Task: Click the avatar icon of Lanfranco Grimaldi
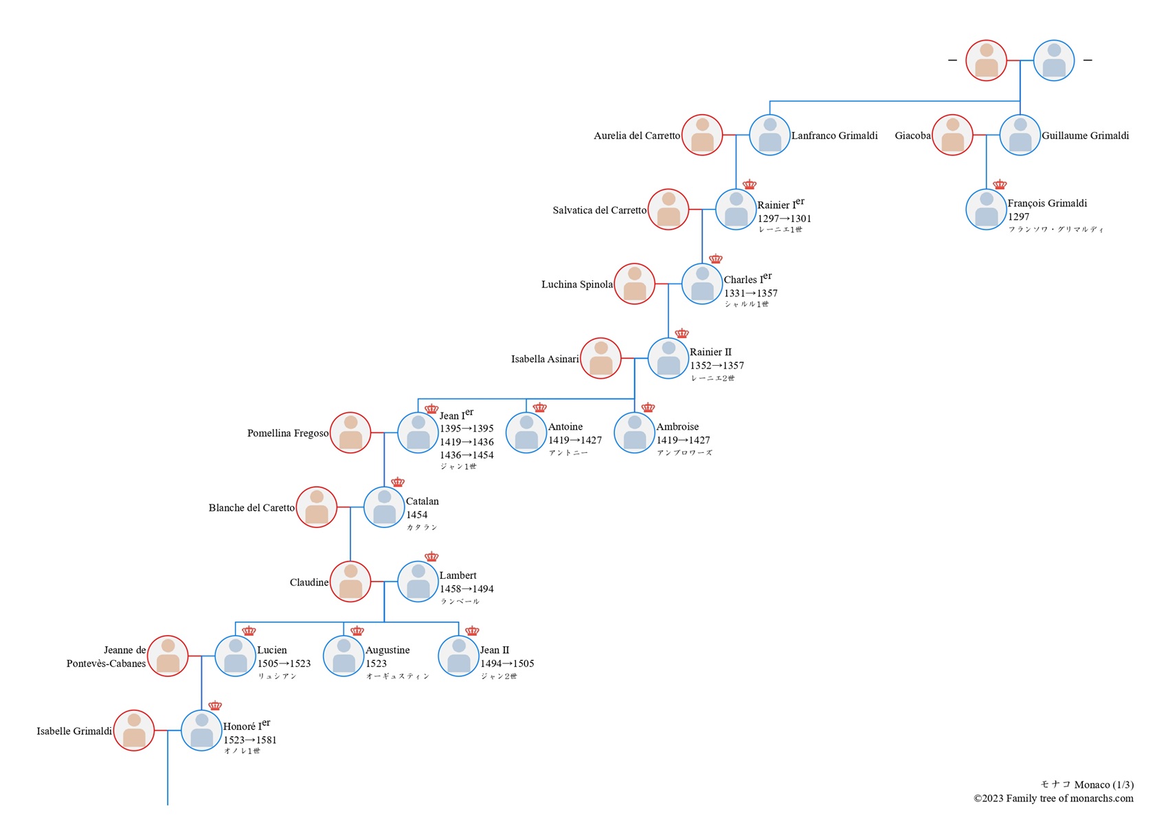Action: tap(770, 135)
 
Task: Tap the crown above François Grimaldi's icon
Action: tap(1000, 184)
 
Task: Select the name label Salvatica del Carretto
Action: tap(599, 210)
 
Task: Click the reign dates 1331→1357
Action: tap(750, 293)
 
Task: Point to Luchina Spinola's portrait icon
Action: tap(634, 284)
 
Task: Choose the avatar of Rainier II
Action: tap(668, 358)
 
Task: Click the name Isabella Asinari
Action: tap(545, 359)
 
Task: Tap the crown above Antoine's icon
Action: tap(539, 408)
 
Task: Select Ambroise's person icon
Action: tap(634, 433)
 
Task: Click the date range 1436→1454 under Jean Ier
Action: tap(467, 455)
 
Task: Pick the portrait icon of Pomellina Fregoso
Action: tap(350, 433)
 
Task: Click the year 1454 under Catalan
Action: tap(416, 515)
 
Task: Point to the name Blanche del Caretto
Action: tap(251, 508)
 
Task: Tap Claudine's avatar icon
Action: tap(350, 582)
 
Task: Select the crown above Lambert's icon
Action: tap(431, 557)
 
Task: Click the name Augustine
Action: tap(387, 650)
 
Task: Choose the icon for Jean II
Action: tap(458, 656)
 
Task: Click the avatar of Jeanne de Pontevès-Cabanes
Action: tap(168, 656)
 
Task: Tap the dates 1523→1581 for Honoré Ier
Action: tap(249, 740)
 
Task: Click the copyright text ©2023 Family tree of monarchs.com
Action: tap(1053, 799)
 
